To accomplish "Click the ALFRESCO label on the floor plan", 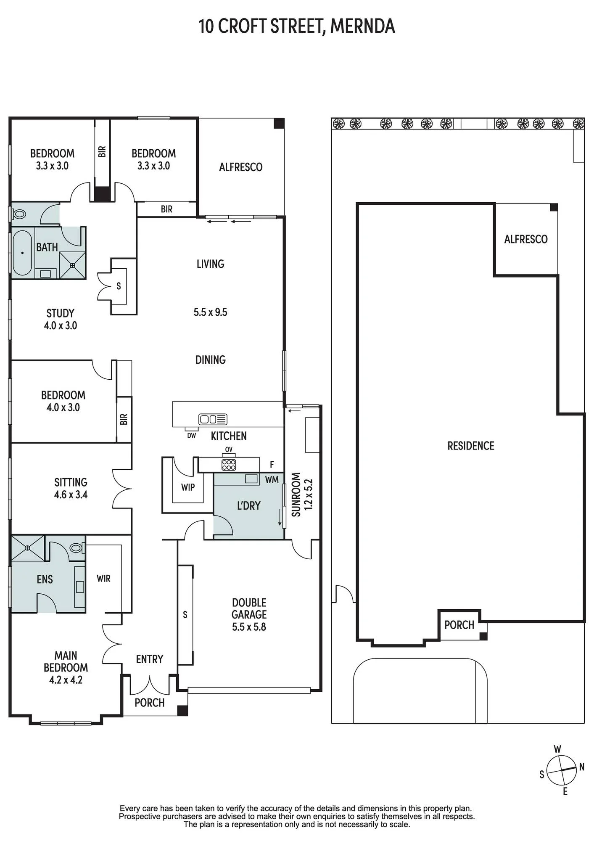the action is point(240,167).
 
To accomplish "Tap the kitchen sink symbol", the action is point(213,419).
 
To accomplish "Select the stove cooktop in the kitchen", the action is point(229,465).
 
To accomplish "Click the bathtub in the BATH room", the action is point(22,253).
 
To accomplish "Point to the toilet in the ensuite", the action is point(77,548).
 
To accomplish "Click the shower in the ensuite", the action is point(28,548).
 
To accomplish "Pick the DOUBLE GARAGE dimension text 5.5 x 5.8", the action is point(249,627).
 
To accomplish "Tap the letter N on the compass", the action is point(582,767).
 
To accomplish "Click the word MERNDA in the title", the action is point(362,26).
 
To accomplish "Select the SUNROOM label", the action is point(296,495).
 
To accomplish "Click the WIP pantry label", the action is point(188,487).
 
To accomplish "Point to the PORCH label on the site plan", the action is point(459,625).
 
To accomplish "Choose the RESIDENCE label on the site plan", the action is point(471,446).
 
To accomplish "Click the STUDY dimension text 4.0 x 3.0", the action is point(61,325).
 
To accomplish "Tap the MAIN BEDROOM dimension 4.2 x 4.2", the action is point(66,680).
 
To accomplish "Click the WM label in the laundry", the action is point(272,479).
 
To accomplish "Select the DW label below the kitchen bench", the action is point(192,436).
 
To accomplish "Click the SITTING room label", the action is point(71,482).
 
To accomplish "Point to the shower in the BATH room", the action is point(73,265).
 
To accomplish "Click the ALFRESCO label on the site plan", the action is point(526,239).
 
